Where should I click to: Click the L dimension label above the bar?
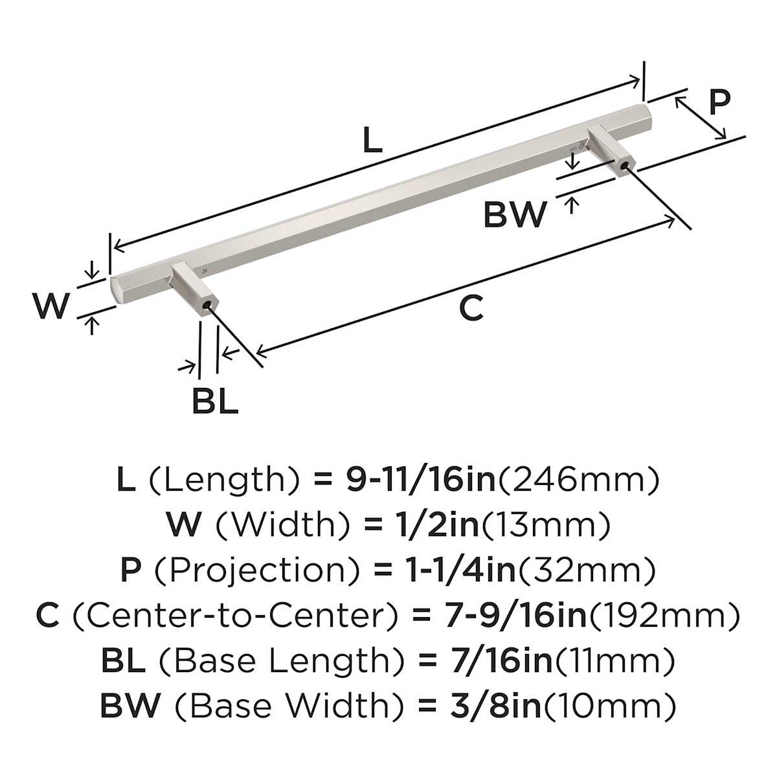pyautogui.click(x=372, y=141)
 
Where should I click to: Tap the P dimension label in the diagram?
pyautogui.click(x=719, y=102)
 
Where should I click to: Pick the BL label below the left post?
pyautogui.click(x=214, y=401)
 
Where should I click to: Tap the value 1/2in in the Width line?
pyautogui.click(x=434, y=525)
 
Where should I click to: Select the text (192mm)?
pyautogui.click(x=663, y=616)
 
